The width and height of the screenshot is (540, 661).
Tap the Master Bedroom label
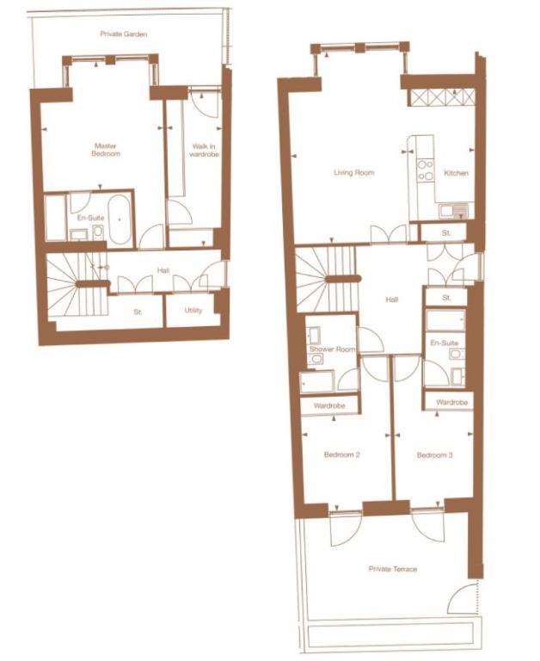106,150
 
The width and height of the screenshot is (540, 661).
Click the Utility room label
193,311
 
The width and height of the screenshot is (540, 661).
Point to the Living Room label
353,173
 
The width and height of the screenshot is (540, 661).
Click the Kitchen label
456,173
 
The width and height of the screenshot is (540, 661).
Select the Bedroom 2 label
341,454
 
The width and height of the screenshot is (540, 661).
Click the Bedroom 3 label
434,454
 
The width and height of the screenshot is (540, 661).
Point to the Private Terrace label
393,569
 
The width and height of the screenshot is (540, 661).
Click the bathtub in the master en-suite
120,220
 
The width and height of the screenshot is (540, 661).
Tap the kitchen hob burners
425,170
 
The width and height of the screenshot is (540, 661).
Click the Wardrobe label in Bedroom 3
451,402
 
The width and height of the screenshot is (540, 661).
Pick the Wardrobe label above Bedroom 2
329,405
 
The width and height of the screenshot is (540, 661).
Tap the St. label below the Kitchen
447,232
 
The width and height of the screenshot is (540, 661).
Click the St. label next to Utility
138,312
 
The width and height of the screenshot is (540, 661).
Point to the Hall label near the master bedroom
163,271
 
